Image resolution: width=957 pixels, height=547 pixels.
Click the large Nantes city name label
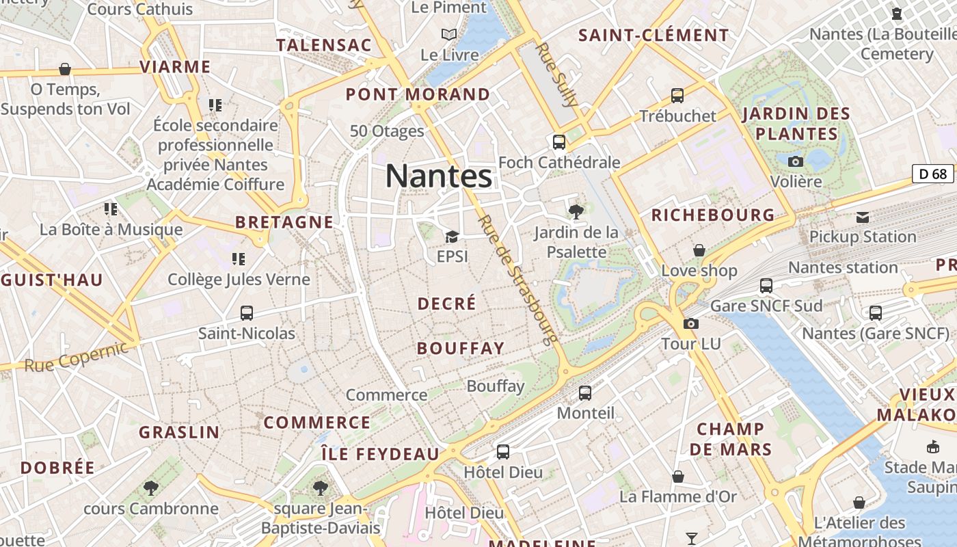[439, 176]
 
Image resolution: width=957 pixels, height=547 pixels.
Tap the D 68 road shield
[933, 174]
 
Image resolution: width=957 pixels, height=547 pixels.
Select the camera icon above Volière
[796, 161]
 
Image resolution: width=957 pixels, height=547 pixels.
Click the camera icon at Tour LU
[691, 323]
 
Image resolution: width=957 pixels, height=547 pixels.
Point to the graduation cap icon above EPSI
[451, 237]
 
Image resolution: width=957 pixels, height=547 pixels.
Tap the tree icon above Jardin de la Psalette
[576, 211]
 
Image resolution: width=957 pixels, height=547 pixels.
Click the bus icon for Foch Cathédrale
[559, 142]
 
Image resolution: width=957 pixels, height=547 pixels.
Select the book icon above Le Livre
[448, 34]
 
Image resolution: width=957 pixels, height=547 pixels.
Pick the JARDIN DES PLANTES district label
[796, 124]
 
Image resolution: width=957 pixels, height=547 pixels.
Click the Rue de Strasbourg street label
[517, 280]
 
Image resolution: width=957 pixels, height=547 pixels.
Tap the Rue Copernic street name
[76, 357]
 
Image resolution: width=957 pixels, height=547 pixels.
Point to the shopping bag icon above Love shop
[699, 250]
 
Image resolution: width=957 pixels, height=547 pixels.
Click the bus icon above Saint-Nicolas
[247, 313]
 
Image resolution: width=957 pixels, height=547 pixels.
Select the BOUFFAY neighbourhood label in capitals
[461, 348]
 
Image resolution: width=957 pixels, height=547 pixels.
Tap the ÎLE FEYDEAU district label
[381, 454]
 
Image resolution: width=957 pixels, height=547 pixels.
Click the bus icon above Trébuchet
[677, 96]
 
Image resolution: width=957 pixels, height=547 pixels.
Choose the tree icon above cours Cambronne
[151, 488]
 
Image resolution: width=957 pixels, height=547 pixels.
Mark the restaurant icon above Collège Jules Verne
[239, 258]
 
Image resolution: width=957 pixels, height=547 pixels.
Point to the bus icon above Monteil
[585, 393]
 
